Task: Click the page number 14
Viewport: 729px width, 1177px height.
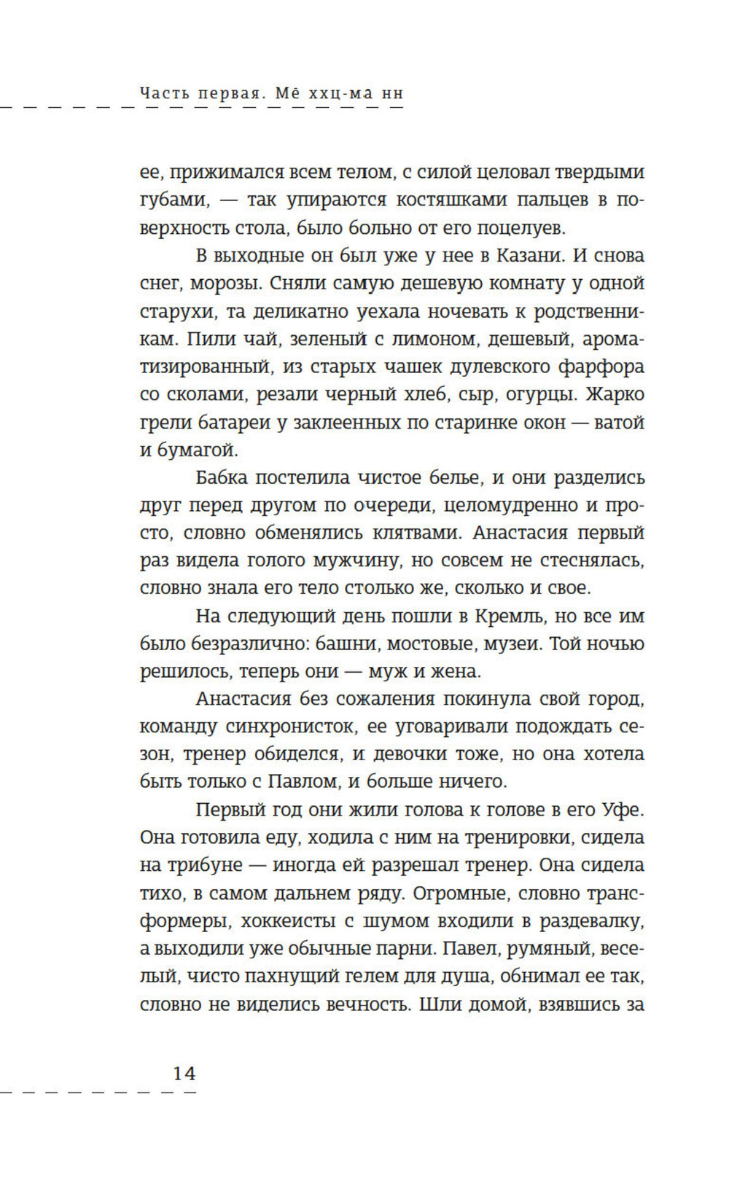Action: [184, 1074]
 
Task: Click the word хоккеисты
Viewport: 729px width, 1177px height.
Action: [285, 920]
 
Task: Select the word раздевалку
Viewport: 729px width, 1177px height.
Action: [591, 920]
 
